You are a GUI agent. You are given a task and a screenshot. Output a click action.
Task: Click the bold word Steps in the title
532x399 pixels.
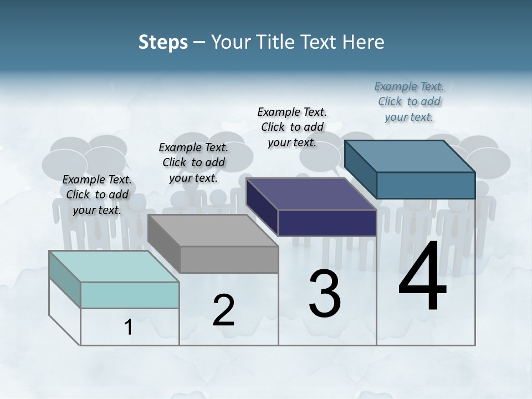[163, 42]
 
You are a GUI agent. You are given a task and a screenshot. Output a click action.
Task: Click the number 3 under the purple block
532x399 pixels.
[325, 294]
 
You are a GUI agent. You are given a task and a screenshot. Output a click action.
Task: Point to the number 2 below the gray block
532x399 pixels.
[223, 310]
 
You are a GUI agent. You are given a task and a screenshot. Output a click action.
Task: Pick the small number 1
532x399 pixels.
[129, 327]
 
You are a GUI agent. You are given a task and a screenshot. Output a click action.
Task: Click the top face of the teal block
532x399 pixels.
[114, 267]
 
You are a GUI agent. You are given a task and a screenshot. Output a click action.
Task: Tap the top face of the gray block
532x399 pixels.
[213, 231]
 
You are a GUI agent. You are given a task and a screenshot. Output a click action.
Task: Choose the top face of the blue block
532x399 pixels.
[410, 156]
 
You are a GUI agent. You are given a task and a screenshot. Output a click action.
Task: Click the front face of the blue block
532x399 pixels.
[426, 185]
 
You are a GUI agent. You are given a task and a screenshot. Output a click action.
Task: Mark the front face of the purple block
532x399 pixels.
[327, 223]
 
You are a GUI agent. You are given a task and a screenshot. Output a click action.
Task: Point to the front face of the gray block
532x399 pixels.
[229, 259]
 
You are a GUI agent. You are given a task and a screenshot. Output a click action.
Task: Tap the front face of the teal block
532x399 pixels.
[130, 295]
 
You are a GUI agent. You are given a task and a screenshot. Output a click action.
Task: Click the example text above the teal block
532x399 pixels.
[97, 195]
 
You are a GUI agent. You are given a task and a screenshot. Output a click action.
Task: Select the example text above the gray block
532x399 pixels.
[193, 162]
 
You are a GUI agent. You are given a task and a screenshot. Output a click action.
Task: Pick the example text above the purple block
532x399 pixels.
[292, 127]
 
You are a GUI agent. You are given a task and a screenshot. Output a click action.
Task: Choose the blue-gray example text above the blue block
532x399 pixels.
[409, 101]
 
